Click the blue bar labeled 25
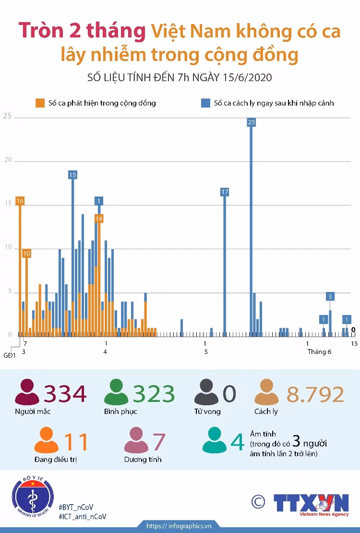[251, 230]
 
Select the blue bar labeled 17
[225, 265]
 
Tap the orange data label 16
[20, 201]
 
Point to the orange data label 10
[26, 253]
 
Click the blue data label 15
[72, 175]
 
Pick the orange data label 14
[99, 218]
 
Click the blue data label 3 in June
[330, 296]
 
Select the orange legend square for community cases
[40, 103]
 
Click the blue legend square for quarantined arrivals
[205, 103]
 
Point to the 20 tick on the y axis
[8, 160]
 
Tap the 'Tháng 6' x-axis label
[319, 352]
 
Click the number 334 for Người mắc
[65, 394]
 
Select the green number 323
[154, 394]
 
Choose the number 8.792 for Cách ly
[315, 394]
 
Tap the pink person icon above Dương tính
[136, 440]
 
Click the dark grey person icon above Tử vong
[206, 392]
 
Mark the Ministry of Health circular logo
[33, 497]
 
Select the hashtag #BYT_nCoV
[76, 508]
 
